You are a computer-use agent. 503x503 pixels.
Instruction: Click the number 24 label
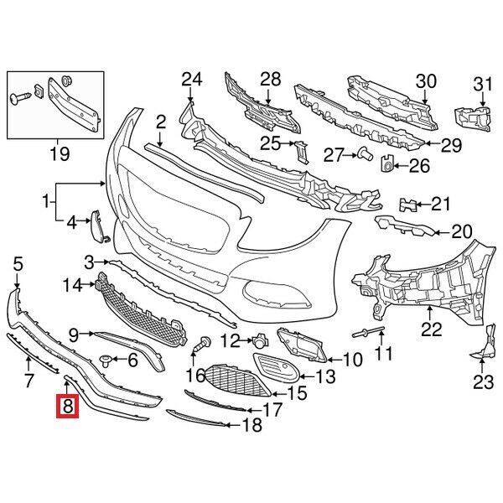(x=193, y=80)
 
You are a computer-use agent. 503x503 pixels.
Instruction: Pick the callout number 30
(x=427, y=80)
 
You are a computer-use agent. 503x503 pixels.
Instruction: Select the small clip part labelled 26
(x=387, y=163)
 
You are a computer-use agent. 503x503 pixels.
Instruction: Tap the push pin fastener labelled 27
(x=364, y=153)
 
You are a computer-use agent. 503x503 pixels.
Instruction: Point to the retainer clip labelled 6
(x=106, y=360)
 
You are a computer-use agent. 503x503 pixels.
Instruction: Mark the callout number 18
(x=251, y=425)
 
